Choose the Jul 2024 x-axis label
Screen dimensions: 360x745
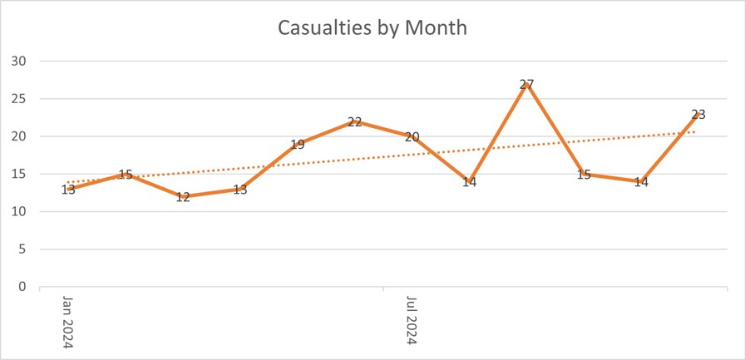pos(412,321)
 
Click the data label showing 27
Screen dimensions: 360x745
pos(526,84)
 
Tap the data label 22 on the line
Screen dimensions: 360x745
pos(354,122)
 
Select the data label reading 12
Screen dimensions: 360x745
pos(183,197)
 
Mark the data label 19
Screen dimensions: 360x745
pos(297,145)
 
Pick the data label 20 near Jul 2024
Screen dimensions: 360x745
pos(412,137)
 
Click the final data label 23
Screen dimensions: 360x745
pos(698,115)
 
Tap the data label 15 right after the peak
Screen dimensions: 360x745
pos(584,175)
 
